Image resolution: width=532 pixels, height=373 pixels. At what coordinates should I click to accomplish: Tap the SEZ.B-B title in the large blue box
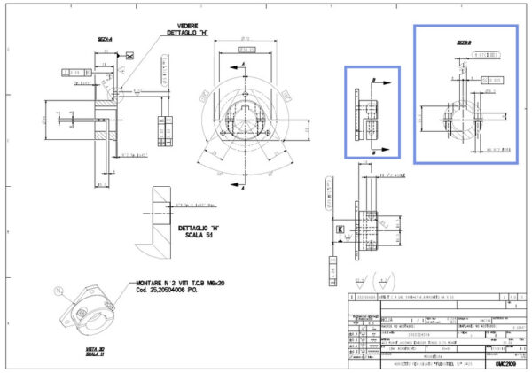coord(465,43)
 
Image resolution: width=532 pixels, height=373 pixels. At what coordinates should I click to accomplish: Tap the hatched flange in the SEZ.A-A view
coord(109,120)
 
